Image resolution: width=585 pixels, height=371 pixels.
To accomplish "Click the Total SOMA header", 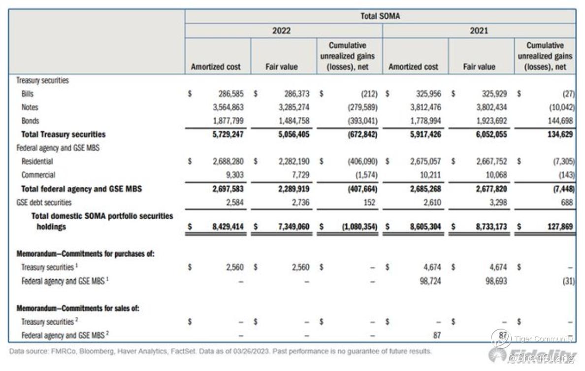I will pos(380,16).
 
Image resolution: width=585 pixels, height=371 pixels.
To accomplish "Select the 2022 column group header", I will pos(281,31).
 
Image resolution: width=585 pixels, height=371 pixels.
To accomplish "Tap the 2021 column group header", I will pos(479,31).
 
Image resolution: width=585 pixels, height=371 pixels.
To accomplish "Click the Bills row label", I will pos(28,94).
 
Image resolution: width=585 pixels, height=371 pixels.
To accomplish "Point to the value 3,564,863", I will pos(227,107).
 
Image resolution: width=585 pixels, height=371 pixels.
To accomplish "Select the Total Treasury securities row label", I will pos(63,134).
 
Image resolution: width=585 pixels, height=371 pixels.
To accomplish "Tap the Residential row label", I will pos(37,161).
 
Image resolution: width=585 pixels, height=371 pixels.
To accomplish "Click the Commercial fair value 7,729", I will pos(299,175).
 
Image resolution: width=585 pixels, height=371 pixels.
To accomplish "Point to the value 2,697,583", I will pos(227,188).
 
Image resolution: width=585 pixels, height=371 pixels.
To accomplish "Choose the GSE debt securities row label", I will pos(44,202).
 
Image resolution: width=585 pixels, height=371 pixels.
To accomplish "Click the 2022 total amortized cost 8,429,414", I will pos(227,227).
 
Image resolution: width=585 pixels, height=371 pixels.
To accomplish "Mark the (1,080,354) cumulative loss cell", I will pos(357,227).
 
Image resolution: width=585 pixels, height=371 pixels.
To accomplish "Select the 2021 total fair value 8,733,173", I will pos(490,227).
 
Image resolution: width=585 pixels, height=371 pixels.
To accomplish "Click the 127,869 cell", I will pos(559,227).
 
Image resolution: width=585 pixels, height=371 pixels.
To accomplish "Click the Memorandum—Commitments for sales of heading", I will pos(78,308).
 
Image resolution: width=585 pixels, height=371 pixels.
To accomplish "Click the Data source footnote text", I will pos(220,351).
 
